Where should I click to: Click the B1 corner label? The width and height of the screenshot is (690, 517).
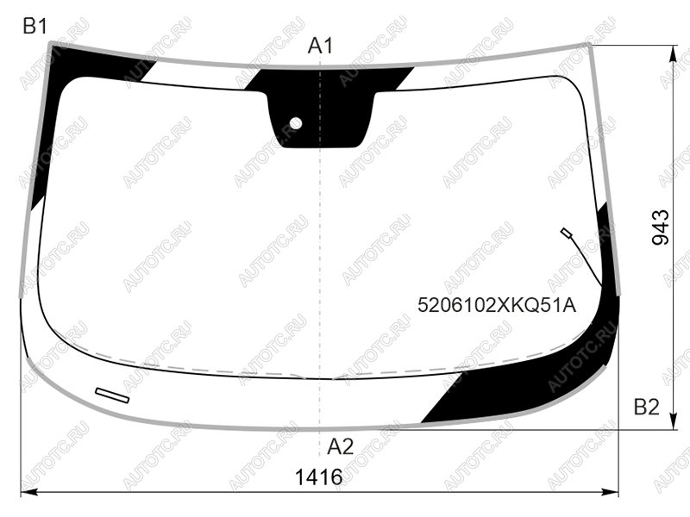pos(34,27)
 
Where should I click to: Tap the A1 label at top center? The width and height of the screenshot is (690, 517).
pos(320,46)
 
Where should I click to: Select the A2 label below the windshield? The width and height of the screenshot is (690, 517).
pos(340,447)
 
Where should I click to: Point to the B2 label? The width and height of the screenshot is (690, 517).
pos(646,407)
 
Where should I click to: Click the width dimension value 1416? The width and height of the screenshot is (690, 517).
pos(318,477)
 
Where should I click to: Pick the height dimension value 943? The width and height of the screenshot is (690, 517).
pos(660,227)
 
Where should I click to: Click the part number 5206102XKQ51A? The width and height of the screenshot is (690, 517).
pos(497,305)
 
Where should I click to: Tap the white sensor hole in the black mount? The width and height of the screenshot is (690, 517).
pos(296,123)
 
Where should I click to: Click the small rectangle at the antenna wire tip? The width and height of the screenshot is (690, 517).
pos(566,233)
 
